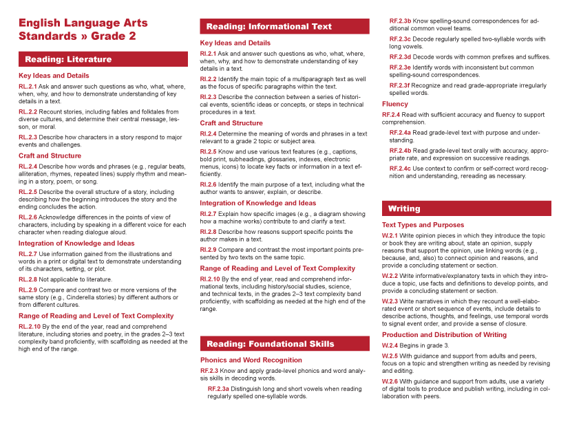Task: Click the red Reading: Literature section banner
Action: tap(103, 59)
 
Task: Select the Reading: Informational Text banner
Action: tap(284, 27)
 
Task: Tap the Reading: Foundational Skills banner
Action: tap(284, 343)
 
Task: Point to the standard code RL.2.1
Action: tap(28, 87)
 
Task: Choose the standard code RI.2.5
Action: tap(209, 153)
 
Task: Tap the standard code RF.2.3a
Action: tap(220, 389)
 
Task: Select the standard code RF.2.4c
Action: tap(401, 169)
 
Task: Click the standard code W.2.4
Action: tap(390, 345)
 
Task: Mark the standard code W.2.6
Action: tap(390, 381)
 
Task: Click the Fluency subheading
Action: tap(395, 104)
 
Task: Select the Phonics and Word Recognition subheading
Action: tap(251, 360)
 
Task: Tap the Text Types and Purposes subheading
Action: tap(423, 225)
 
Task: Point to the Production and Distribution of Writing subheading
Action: tap(444, 335)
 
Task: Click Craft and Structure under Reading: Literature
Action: tap(50, 156)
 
